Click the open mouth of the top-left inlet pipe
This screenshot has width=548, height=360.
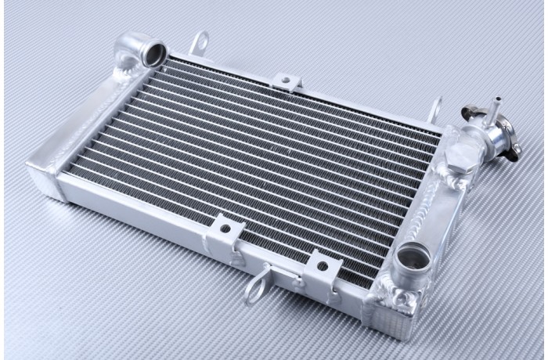point(154,53)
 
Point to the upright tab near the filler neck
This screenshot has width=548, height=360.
point(436,108)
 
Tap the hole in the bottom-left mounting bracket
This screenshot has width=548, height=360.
point(225,229)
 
